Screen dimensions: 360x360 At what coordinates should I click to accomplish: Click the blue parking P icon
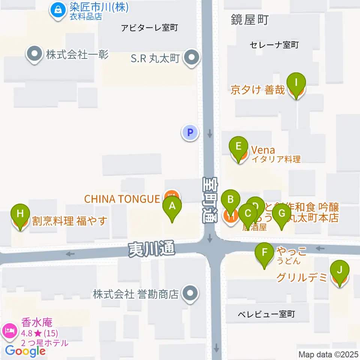point(190,132)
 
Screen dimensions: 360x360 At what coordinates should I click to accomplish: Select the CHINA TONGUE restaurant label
point(122,199)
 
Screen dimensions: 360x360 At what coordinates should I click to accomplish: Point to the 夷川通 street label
point(151,249)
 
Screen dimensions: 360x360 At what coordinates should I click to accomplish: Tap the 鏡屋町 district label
point(250,20)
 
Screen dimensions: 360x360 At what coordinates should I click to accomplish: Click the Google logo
point(25,351)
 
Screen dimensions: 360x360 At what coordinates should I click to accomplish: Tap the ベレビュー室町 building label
point(266,314)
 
